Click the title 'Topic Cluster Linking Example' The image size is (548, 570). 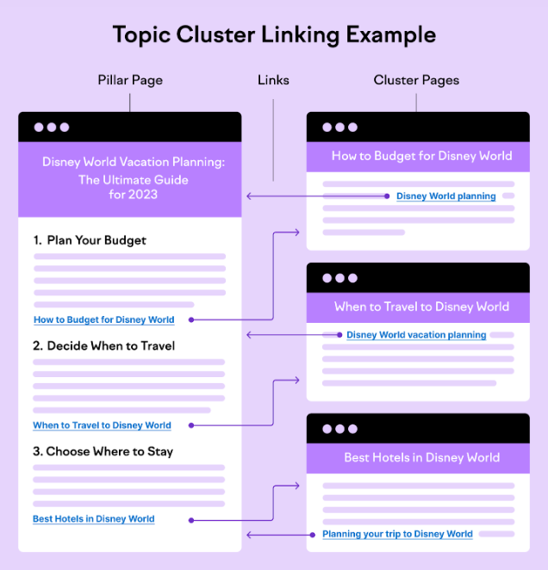click(x=274, y=35)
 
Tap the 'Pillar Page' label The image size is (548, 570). click(x=130, y=80)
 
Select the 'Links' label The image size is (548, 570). click(x=273, y=80)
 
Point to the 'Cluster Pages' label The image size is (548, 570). click(x=416, y=80)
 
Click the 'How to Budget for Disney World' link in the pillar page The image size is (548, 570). click(x=104, y=320)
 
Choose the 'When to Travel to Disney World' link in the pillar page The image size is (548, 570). click(x=102, y=425)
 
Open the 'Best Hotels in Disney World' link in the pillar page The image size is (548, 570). click(x=94, y=518)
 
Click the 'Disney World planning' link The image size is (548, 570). click(x=446, y=196)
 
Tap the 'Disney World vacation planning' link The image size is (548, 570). click(x=416, y=335)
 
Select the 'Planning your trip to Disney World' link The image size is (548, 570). click(x=397, y=534)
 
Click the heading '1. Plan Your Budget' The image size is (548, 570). click(x=90, y=240)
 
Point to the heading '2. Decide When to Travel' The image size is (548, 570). click(x=103, y=346)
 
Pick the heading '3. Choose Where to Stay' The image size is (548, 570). click(x=103, y=451)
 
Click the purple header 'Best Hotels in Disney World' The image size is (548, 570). click(x=421, y=457)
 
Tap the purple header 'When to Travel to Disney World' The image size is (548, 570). click(x=421, y=307)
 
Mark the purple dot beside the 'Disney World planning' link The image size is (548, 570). click(x=387, y=196)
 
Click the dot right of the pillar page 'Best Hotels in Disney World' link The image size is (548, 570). click(x=191, y=521)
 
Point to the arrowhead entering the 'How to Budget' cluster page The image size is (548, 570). click(x=297, y=232)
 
